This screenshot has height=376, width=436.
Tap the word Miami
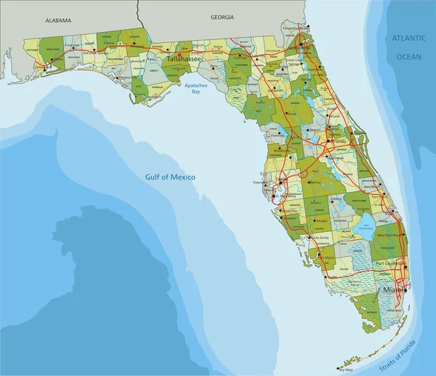point(392,291)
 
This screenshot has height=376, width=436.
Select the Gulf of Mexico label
point(171,177)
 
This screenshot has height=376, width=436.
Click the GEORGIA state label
point(222,16)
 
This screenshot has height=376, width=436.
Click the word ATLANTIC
point(408,36)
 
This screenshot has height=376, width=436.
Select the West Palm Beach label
point(389,236)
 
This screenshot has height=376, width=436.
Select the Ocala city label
point(294,114)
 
